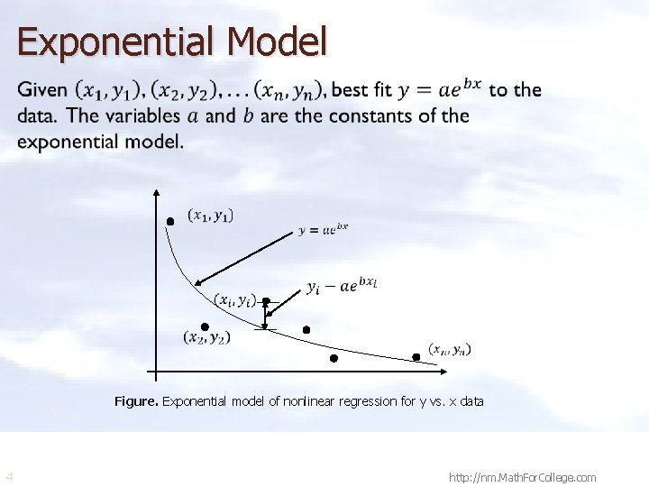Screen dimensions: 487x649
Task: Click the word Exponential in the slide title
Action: pyautogui.click(x=116, y=42)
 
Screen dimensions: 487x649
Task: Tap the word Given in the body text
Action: pyautogui.click(x=43, y=90)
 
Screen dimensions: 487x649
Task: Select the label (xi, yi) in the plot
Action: pyautogui.click(x=235, y=299)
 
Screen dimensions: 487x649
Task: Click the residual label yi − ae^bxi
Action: pyautogui.click(x=342, y=286)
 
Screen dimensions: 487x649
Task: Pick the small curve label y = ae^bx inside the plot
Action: pyautogui.click(x=324, y=229)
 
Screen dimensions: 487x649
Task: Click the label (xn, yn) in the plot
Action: pyautogui.click(x=449, y=349)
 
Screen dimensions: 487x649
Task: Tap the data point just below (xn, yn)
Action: pyautogui.click(x=416, y=357)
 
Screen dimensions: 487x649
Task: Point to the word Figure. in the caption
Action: pyautogui.click(x=136, y=401)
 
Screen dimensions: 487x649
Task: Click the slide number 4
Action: pyautogui.click(x=9, y=476)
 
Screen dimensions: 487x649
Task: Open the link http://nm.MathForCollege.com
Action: pyautogui.click(x=522, y=477)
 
